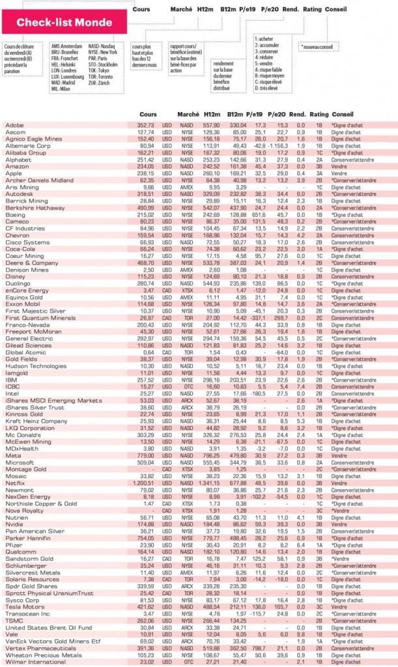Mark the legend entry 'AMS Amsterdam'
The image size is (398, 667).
click(66, 46)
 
